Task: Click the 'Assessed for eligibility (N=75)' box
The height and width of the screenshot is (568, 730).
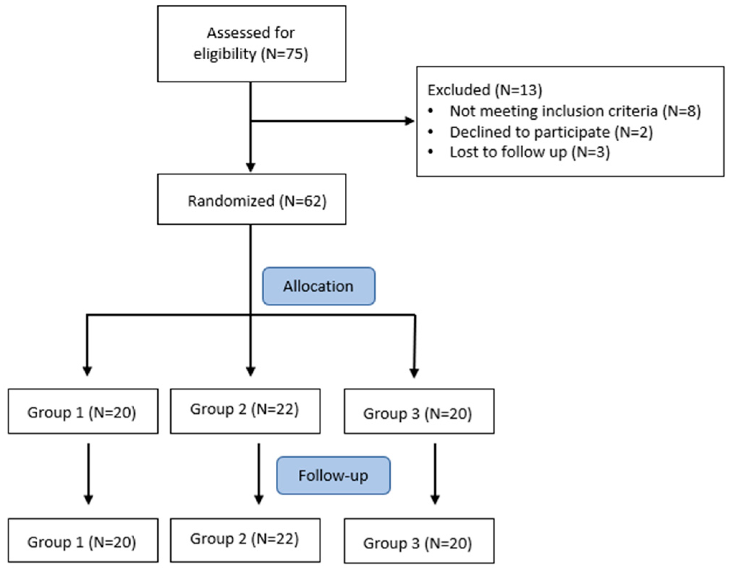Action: [251, 43]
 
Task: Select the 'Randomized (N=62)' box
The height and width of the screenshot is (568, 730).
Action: [251, 200]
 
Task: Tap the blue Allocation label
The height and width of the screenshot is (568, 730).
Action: [318, 286]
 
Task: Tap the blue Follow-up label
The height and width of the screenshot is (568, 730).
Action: [333, 475]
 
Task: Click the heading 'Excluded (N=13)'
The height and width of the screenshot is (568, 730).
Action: [484, 90]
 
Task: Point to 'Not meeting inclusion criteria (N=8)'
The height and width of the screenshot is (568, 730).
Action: [575, 111]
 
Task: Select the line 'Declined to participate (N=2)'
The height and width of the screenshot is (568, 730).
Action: [551, 132]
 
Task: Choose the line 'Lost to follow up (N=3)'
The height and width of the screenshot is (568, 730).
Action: [530, 152]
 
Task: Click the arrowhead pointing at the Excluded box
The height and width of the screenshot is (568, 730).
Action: [409, 121]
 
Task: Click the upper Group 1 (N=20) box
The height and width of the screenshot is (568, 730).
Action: [83, 411]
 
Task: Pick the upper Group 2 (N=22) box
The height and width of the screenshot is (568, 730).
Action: [245, 411]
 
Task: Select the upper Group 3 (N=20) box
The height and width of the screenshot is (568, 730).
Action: [419, 411]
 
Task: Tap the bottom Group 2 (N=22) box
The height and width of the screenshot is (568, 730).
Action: [245, 540]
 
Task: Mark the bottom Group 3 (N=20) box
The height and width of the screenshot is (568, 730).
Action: [419, 541]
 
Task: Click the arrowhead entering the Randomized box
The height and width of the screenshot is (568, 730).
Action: [251, 167]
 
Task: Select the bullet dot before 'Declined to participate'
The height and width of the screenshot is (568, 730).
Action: [431, 132]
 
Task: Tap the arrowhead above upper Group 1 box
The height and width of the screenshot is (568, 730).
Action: [87, 371]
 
